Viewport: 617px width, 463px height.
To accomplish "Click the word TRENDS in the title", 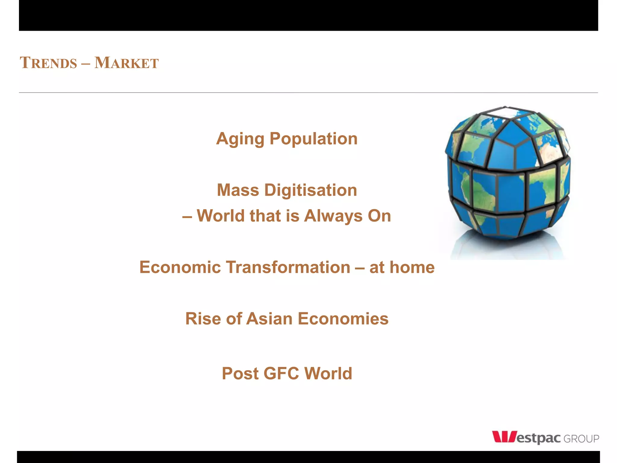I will coord(49,63).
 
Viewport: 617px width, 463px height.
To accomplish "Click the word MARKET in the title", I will coord(127,63).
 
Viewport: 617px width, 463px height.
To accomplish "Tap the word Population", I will coord(313,139).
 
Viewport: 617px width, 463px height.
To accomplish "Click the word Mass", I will coord(238,190).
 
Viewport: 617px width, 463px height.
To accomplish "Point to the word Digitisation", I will coord(311,190).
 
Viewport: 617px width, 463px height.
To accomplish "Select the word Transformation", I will coord(288,267).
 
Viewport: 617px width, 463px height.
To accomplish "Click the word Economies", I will coord(343,319).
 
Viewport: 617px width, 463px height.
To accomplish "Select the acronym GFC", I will coord(281,374).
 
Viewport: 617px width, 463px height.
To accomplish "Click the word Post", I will coord(240,374).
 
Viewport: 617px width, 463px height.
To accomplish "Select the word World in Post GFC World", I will coord(328,374).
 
